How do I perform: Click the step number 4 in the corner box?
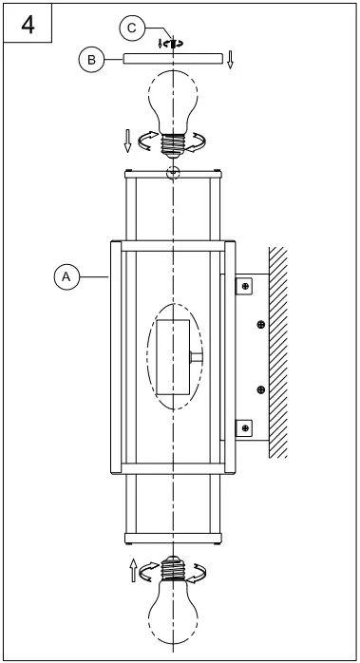click(x=28, y=24)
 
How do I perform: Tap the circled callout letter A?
click(x=66, y=276)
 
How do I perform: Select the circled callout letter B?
click(x=91, y=60)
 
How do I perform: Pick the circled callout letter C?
click(x=132, y=29)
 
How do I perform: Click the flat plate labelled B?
click(x=172, y=59)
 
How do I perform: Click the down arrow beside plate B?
click(x=230, y=63)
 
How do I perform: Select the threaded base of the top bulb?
click(x=172, y=141)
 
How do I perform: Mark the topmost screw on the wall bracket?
click(x=245, y=284)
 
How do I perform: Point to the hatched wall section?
click(x=278, y=351)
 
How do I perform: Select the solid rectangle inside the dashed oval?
click(x=173, y=356)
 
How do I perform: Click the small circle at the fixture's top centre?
click(x=172, y=172)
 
